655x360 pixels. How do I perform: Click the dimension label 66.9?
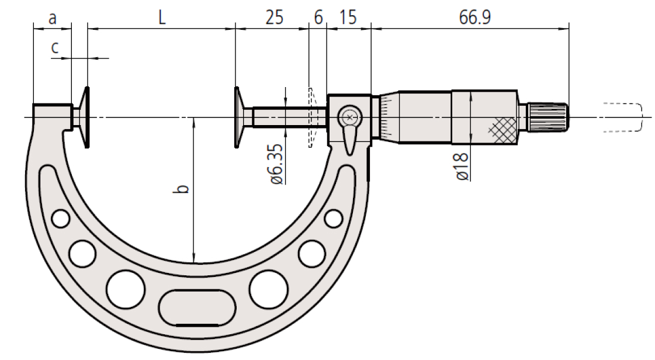coord(475,18)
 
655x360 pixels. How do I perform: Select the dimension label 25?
coord(274,18)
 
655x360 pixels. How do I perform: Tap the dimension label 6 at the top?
coord(318,18)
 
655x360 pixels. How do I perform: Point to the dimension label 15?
coord(348,18)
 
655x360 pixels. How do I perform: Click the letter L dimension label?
coord(162,18)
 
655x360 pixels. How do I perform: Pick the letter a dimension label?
coord(52,18)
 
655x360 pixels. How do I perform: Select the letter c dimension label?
coord(55,47)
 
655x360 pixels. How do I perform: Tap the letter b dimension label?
coord(182,189)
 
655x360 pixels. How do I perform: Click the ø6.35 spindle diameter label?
coord(278,164)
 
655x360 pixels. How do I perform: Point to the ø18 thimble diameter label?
coord(462,167)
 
